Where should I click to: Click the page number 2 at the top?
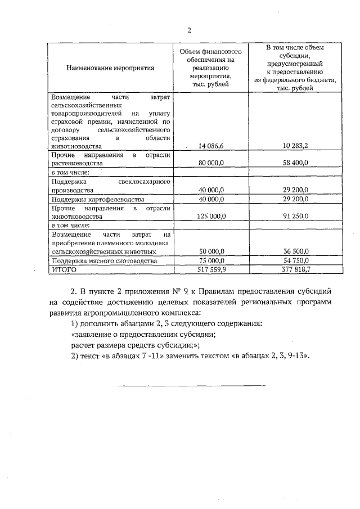[x=190, y=30]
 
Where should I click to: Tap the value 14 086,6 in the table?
[x=211, y=146]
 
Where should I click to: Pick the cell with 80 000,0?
[x=211, y=163]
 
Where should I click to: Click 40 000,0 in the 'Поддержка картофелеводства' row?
[x=211, y=199]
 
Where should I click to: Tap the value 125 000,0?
[x=211, y=216]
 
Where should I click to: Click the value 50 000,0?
[x=211, y=252]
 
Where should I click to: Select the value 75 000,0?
[x=211, y=261]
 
